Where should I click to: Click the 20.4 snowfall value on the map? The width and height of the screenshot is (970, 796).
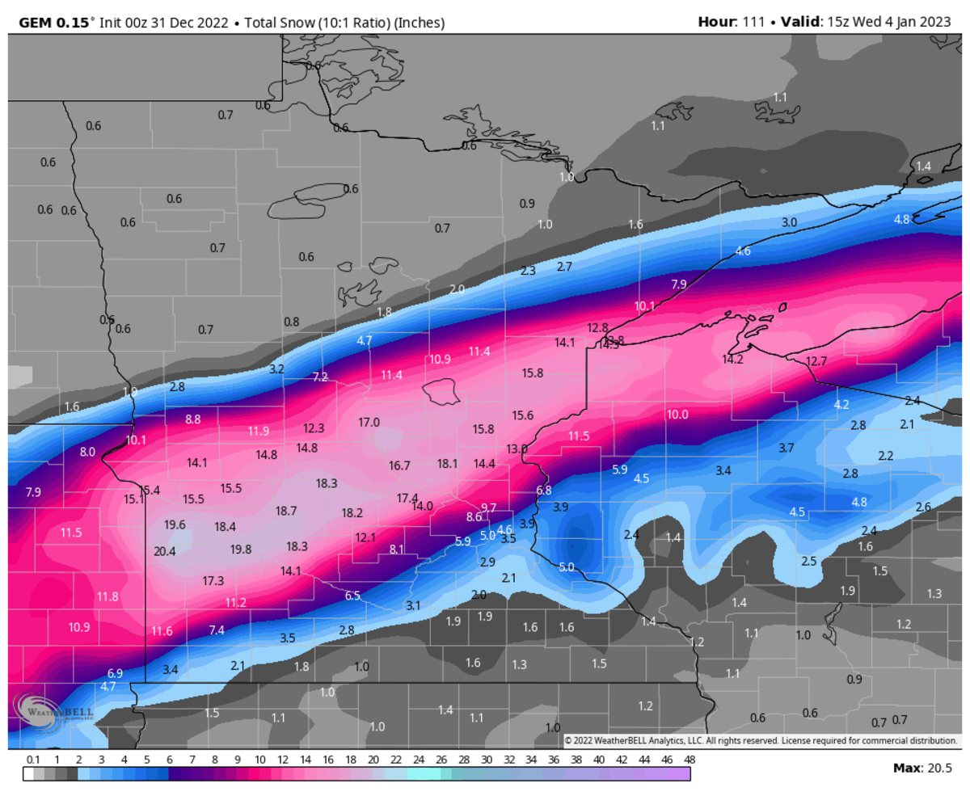point(164,552)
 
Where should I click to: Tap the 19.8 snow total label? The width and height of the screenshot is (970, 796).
point(241,550)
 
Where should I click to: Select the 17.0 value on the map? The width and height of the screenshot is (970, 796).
point(369,423)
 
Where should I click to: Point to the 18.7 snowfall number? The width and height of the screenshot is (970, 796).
point(286,512)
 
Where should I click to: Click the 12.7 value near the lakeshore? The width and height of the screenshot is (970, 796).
point(816,361)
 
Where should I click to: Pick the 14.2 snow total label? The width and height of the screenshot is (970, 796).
point(732,360)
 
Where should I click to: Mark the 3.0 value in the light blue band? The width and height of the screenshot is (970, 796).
point(789,222)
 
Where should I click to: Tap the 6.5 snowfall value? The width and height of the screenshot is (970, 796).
point(352,596)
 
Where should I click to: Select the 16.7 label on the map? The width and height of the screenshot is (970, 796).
point(399,465)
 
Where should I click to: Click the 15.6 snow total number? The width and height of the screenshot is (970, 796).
point(522,415)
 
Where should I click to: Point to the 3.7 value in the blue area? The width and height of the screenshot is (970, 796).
point(786,448)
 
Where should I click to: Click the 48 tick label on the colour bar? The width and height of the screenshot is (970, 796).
point(689,760)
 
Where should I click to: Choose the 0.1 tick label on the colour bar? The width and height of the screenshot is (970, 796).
point(33,760)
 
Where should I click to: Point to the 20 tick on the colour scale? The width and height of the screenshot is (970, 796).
point(373,760)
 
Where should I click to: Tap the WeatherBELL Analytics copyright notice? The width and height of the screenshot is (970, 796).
point(760,740)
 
